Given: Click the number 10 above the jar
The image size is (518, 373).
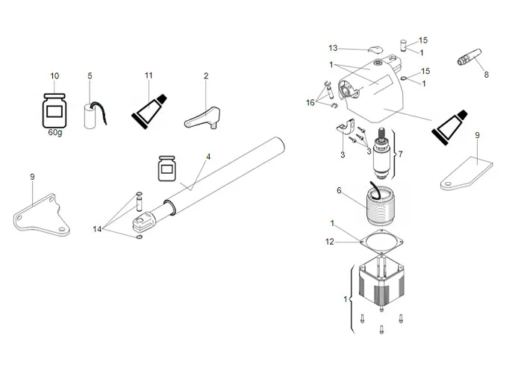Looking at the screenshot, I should point(54,76).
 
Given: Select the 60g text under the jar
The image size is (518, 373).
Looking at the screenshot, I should point(55,132).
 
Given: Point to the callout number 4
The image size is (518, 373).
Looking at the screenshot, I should point(209,157).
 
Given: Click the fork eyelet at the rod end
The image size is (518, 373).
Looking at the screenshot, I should point(143,220).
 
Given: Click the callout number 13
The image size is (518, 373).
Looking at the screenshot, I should point(333,48).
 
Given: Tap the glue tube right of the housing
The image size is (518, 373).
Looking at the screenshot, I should point(449,125).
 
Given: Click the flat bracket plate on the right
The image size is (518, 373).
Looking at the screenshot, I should point(466,173).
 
